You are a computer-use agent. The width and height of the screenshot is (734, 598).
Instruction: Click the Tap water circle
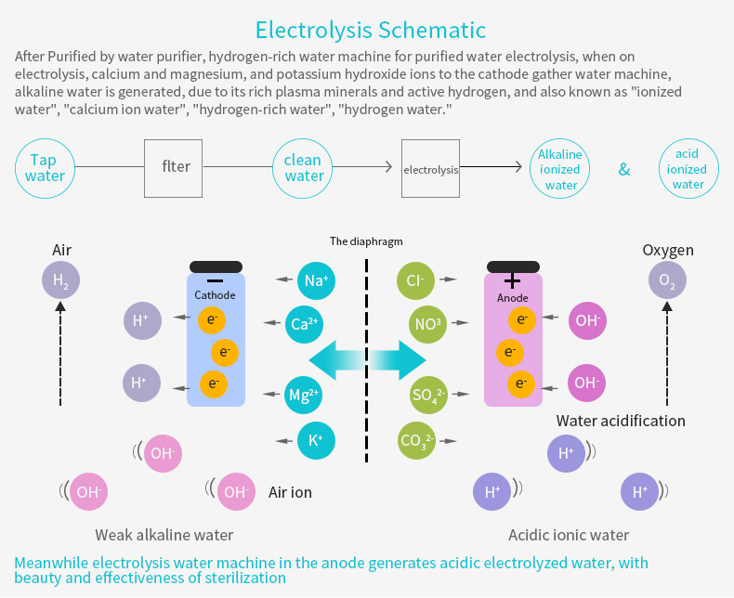[x=45, y=168]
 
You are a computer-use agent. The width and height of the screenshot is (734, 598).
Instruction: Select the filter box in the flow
[x=173, y=168]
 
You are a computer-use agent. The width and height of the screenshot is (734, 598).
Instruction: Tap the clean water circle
[x=302, y=168]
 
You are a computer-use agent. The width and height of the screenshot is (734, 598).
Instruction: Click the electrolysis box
[x=431, y=168]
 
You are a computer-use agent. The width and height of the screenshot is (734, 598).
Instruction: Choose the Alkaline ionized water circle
[x=560, y=168]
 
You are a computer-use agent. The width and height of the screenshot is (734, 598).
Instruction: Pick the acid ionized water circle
[x=688, y=168]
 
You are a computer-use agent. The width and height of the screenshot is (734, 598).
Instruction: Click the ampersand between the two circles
[x=624, y=169]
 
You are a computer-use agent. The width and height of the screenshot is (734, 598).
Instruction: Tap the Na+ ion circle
[x=316, y=280]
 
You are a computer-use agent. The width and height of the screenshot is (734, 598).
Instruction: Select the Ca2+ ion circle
[x=304, y=324]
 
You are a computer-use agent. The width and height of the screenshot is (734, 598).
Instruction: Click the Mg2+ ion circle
[x=303, y=395]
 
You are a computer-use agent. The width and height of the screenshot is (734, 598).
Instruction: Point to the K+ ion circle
[x=316, y=440]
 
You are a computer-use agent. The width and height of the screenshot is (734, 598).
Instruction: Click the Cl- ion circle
[x=415, y=280]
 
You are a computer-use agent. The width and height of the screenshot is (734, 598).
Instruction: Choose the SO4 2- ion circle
[x=427, y=395]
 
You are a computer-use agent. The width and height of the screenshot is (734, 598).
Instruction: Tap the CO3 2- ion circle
[x=416, y=440]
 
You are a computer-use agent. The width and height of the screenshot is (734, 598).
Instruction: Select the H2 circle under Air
[x=60, y=280]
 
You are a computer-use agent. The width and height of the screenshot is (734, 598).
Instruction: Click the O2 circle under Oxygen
[x=667, y=280]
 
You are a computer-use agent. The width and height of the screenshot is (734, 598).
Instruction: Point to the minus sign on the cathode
[x=215, y=280]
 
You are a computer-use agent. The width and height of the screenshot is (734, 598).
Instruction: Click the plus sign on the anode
[x=512, y=280]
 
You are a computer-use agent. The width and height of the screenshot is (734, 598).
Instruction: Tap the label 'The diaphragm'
[x=366, y=241]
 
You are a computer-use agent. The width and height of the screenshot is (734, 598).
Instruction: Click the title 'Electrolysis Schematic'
[x=371, y=30]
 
